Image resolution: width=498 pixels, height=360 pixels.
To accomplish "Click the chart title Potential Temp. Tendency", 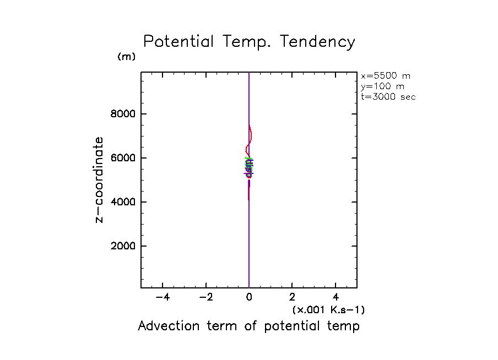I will (x=249, y=42).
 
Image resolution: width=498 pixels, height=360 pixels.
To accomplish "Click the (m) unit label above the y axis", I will (x=126, y=57).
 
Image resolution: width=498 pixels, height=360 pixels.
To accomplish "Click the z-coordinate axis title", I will (x=99, y=180).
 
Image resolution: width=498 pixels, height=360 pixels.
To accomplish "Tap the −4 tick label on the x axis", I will (x=163, y=297).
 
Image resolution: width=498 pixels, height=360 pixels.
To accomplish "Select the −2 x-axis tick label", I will (x=206, y=297).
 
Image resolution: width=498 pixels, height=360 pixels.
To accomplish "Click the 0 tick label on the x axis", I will (x=249, y=297).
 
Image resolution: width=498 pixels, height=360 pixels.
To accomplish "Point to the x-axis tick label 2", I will (x=293, y=297).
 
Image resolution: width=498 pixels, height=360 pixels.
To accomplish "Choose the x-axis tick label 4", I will (x=336, y=297).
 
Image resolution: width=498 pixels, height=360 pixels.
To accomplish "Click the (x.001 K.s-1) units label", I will (x=328, y=310).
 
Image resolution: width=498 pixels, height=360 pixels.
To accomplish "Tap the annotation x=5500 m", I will (x=386, y=76).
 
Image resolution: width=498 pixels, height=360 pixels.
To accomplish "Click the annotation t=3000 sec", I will (x=388, y=97).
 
